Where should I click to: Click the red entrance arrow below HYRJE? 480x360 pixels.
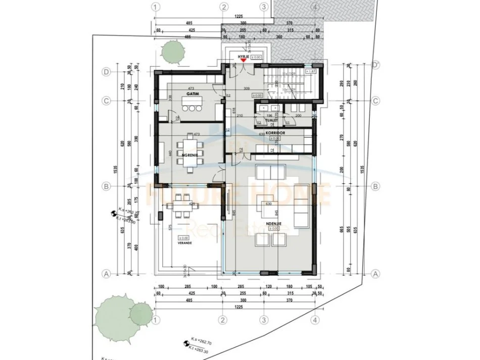click(244, 61)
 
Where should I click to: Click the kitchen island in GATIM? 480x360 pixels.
click(193, 107)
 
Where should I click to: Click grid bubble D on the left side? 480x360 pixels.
click(107, 72)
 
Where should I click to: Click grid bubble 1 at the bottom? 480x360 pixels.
click(156, 320)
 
